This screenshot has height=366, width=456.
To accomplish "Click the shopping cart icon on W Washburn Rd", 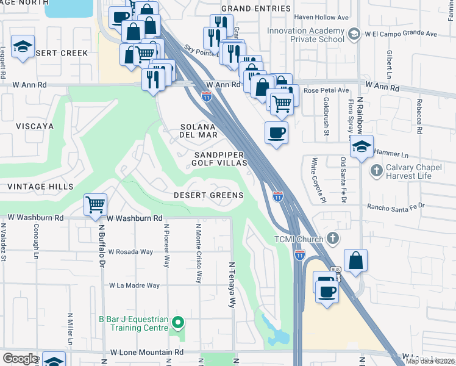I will [x=96, y=205].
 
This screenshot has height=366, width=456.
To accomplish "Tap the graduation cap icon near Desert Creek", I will [x=23, y=47].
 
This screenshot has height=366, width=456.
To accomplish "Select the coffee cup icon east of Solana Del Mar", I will [x=276, y=132].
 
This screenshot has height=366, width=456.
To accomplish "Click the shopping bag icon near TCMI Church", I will [x=356, y=260].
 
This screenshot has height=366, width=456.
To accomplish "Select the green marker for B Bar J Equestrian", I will [x=178, y=321].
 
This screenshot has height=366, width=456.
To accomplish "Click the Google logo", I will [x=20, y=359].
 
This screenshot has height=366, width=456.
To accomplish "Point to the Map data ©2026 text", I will [x=430, y=361].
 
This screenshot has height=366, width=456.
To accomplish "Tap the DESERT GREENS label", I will [x=208, y=195].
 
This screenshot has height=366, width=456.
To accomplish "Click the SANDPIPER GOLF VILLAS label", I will [x=219, y=159].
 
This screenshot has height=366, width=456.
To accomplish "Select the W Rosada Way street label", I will [x=130, y=251].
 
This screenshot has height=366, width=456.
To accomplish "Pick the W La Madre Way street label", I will [x=134, y=285].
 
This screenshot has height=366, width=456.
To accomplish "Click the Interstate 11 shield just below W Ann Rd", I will [x=207, y=96].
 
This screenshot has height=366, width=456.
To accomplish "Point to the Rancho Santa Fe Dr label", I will [x=394, y=207].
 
